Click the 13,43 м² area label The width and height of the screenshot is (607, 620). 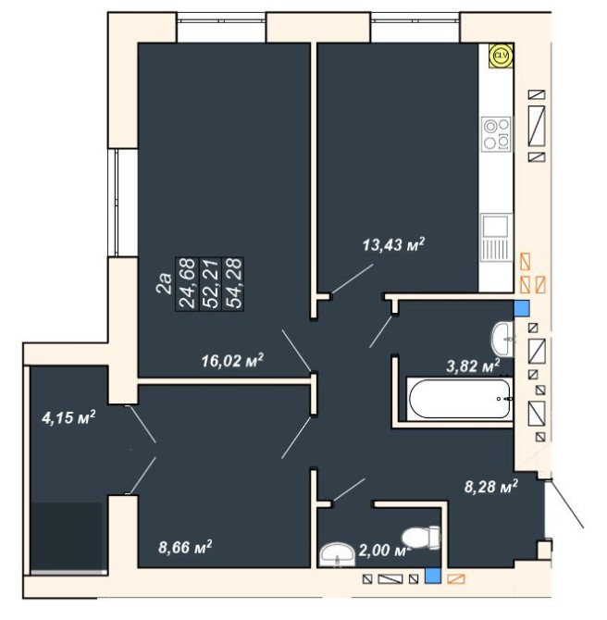393,244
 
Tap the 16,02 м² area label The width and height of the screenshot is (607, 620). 232,361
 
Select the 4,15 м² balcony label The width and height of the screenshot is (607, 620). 68,417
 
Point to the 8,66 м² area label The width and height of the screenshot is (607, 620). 185,547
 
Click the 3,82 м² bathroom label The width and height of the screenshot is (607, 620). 473,366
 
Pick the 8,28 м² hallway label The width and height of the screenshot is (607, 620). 490,486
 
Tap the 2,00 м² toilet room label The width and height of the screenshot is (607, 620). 386,550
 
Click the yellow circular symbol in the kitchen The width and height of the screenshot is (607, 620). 501,56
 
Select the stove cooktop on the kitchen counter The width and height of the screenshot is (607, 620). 497,133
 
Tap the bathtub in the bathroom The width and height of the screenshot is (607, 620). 460,399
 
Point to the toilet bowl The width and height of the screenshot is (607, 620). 421,538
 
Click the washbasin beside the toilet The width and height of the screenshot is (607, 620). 338,554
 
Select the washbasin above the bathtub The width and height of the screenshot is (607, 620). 502,339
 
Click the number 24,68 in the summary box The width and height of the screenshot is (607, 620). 188,283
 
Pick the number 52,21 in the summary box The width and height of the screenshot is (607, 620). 210,283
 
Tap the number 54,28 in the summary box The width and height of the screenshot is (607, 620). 233,283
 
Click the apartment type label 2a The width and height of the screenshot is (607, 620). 165,283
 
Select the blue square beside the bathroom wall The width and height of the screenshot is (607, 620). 522,308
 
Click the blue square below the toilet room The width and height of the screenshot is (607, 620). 433,576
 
